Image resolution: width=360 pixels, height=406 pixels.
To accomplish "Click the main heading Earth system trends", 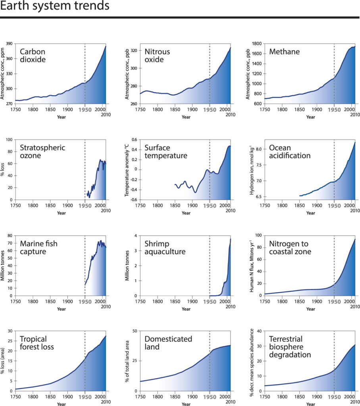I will pos(55,7).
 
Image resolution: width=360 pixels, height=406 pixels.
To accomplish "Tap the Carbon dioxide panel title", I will pos(33,56).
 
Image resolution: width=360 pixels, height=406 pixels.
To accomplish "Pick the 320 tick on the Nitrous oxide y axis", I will pos(134,51).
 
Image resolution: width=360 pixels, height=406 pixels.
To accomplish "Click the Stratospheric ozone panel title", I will pos(42,151).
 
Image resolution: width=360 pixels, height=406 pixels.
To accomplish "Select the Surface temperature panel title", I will pos(166,151).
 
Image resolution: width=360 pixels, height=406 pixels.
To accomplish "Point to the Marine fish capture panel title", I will pos(39,247).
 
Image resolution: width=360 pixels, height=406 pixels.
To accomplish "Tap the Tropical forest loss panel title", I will pos(37,343).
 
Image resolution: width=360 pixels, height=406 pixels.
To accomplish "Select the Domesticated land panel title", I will pos(168,343).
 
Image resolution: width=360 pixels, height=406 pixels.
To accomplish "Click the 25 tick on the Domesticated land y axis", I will pos(134,361).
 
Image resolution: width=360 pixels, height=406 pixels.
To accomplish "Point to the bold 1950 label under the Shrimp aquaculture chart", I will pos(210,301).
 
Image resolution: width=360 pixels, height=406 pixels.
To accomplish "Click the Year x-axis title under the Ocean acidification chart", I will pos(311,213).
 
